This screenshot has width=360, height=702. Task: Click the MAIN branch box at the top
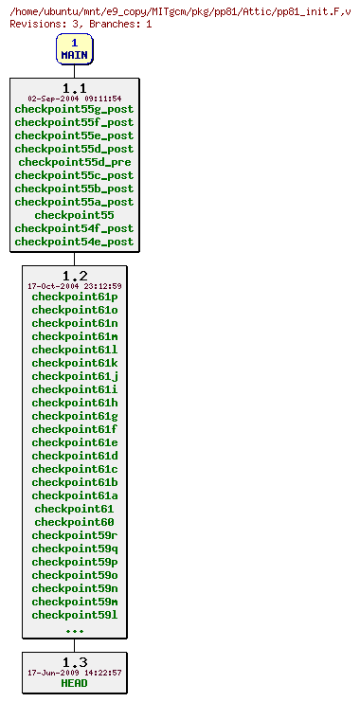click(74, 48)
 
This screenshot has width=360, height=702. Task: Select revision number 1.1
click(74, 88)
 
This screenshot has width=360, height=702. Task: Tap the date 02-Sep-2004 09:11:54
click(74, 99)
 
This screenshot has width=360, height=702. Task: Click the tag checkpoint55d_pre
click(74, 162)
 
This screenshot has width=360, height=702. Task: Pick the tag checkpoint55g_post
click(74, 109)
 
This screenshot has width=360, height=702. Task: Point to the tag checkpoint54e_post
click(74, 242)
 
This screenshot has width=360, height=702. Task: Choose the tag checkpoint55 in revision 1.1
click(74, 215)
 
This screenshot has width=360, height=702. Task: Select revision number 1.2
click(74, 276)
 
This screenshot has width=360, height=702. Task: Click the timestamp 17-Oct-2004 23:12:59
click(74, 286)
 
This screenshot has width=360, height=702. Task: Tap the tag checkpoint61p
click(74, 297)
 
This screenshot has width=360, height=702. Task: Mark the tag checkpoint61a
click(74, 495)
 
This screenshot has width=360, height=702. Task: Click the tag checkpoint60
click(74, 522)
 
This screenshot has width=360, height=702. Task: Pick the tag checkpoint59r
click(74, 535)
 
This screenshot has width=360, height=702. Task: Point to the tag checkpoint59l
click(74, 615)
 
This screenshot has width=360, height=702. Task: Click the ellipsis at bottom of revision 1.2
click(74, 629)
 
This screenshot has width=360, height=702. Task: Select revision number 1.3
click(74, 662)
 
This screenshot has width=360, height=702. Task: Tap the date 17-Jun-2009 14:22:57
click(74, 673)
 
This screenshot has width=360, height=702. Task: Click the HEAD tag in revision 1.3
click(74, 683)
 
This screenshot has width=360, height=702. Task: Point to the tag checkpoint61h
click(74, 403)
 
